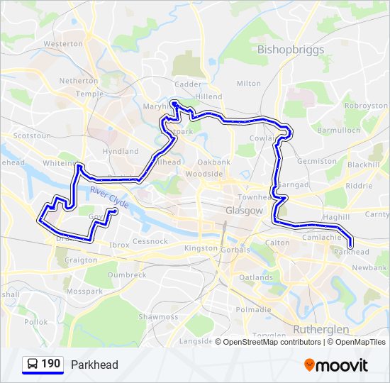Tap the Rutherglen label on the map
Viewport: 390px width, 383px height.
coord(321,330)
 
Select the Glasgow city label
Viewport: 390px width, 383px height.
coord(244,211)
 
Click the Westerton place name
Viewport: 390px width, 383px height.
coord(63,43)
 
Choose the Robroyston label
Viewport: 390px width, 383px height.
coord(366,106)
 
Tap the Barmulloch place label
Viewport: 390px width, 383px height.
coord(339,131)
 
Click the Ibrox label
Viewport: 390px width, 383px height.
coord(120,245)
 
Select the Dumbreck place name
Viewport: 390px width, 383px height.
coord(127,274)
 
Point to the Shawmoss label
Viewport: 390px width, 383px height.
coord(158,317)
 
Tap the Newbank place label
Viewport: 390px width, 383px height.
coord(369,267)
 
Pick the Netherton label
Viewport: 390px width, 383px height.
coord(79,81)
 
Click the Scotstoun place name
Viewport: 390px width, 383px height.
coord(32,135)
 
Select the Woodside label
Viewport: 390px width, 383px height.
coord(204,174)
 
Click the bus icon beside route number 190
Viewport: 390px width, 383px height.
coord(33,365)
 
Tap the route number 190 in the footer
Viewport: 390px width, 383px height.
coord(50,365)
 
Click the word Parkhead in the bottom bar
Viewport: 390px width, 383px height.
coord(94,365)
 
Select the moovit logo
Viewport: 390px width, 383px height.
coord(336,365)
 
